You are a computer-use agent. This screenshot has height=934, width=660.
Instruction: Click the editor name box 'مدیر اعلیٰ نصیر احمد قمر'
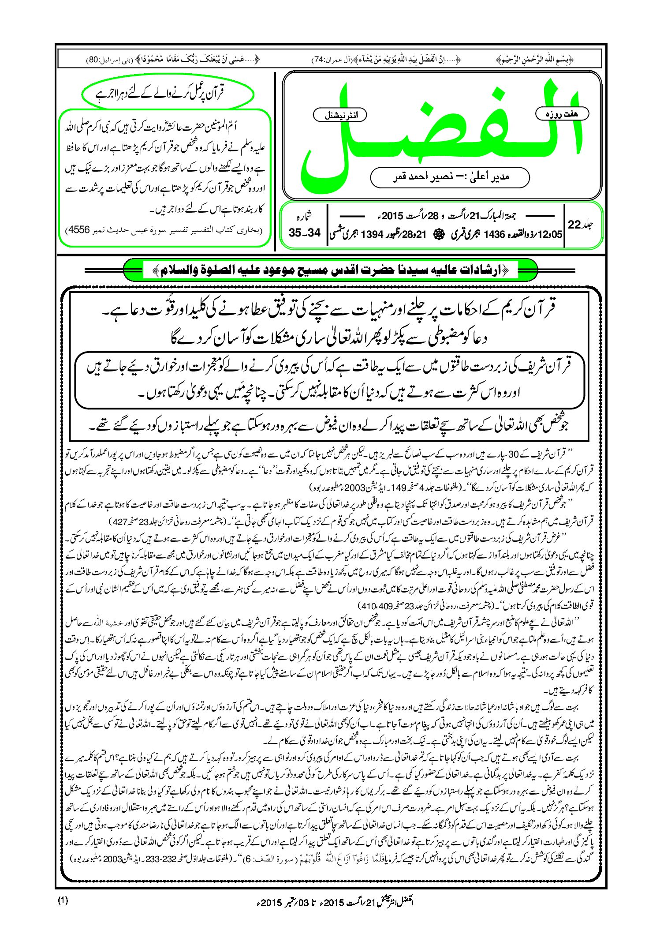(450, 177)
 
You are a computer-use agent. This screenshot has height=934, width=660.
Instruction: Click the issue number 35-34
(305, 233)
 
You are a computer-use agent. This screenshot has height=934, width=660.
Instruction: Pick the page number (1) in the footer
(63, 901)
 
